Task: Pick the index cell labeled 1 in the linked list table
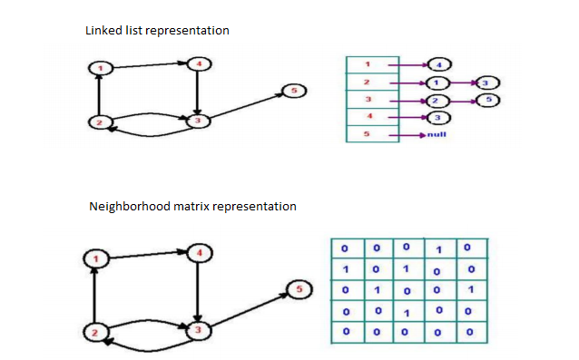(367, 64)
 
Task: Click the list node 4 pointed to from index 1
(438, 64)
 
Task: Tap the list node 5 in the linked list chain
(487, 99)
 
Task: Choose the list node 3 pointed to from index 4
(437, 117)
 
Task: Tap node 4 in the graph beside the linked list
(197, 63)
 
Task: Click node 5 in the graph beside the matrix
(299, 289)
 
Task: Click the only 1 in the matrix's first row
(437, 248)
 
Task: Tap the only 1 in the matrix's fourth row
(407, 313)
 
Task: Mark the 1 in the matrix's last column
(469, 290)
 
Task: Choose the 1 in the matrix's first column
(345, 269)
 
